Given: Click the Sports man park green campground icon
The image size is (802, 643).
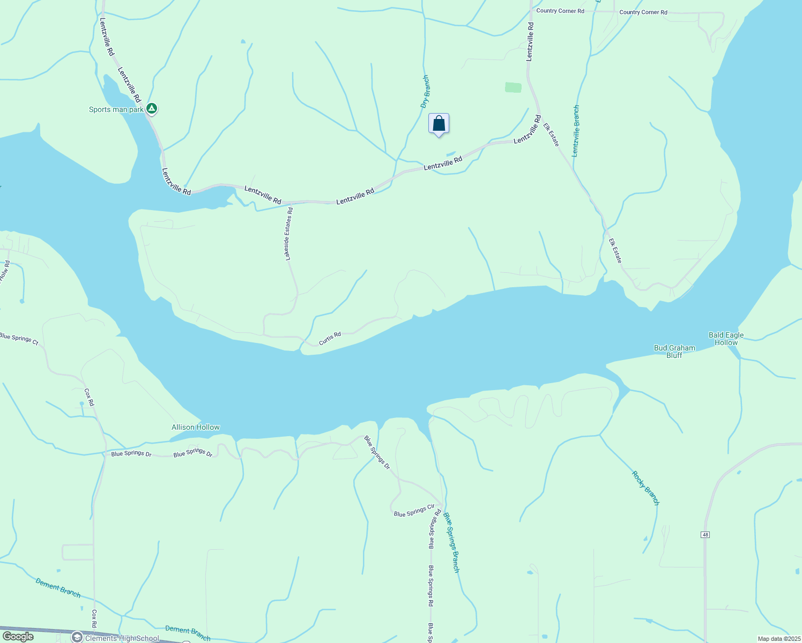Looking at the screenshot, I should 152,109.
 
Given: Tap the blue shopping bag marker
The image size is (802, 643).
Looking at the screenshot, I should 439,124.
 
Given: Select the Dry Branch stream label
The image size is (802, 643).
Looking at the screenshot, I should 425,92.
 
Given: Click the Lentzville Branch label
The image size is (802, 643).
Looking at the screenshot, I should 576,131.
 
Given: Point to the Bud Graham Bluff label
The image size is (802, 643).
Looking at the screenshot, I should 674,352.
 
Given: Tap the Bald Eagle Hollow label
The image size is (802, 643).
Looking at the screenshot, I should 726,339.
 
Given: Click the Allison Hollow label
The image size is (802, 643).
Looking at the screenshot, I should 196,427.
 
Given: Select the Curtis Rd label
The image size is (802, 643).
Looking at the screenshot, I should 330,338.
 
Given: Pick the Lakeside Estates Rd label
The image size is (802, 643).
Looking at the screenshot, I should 289,234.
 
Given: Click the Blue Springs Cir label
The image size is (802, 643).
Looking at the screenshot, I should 414,511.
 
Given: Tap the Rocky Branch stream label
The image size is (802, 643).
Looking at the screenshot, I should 645,488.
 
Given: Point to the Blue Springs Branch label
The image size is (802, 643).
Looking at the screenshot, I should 451,543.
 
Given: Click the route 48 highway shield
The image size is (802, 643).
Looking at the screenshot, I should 705,535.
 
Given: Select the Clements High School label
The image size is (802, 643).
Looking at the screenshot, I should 122,638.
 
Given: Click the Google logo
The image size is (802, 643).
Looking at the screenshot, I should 18,637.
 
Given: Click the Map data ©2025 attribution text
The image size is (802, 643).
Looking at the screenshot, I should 778,639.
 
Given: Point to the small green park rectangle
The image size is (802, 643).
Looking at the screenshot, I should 513,87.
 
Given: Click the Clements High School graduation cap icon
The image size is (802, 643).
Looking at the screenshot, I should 77,637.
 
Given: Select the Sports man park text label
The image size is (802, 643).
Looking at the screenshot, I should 116,110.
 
